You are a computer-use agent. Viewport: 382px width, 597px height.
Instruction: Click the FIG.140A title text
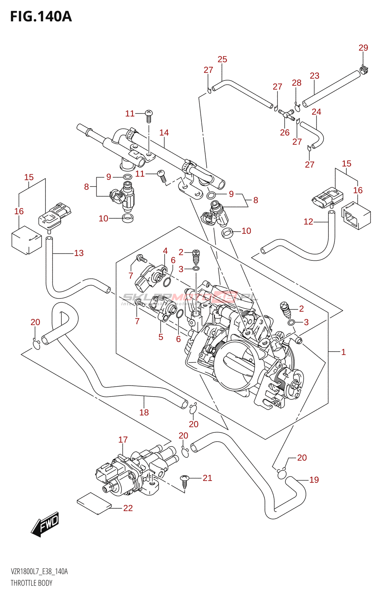(x=41, y=17)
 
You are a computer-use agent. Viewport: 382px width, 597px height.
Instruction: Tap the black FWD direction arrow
(x=45, y=524)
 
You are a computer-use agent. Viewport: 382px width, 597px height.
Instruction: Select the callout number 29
(x=363, y=48)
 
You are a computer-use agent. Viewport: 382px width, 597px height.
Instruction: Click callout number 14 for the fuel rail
(x=164, y=132)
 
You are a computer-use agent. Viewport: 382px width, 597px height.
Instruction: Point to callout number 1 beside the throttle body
(x=343, y=352)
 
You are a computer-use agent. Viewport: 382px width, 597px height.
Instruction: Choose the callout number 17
(x=123, y=440)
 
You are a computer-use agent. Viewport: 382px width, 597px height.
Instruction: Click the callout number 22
(x=128, y=508)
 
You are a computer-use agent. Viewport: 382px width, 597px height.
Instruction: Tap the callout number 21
(x=207, y=478)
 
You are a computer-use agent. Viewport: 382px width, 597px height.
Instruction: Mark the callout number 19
(x=314, y=480)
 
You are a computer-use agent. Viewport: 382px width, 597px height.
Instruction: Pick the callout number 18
(x=144, y=412)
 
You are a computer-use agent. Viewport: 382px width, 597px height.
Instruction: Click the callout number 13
(x=79, y=253)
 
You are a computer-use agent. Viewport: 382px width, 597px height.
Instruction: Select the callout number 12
(x=308, y=222)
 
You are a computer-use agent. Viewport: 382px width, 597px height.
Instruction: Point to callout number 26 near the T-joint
(x=285, y=132)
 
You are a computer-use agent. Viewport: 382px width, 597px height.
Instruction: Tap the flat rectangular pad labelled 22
(x=94, y=503)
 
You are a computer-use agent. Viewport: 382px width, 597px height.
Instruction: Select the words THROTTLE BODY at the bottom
(x=31, y=583)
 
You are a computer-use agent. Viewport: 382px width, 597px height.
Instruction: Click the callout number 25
(x=222, y=59)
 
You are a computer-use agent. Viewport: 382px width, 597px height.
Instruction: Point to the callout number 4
(x=165, y=251)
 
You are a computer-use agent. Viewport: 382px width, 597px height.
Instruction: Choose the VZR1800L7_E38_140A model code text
(x=39, y=572)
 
